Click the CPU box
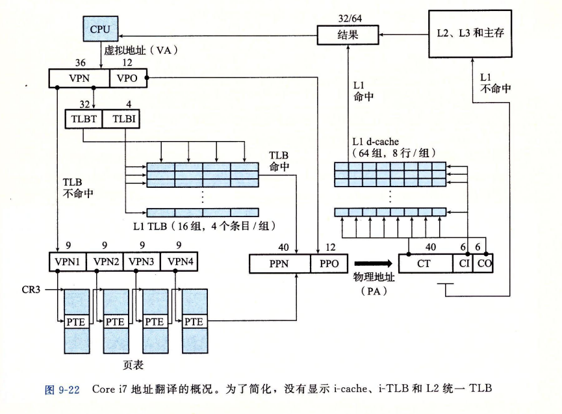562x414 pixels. tap(100, 29)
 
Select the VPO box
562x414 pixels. tap(128, 78)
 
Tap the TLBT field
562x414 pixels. tap(84, 119)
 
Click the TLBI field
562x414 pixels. tap(121, 119)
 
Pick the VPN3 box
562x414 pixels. tap(142, 262)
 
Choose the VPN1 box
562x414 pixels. tap(68, 262)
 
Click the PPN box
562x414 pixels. tap(280, 264)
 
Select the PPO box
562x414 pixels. tap(329, 264)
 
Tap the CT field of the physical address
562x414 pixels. tap(426, 263)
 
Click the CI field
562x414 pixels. tap(463, 263)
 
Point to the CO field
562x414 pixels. tap(483, 263)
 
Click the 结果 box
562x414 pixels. tap(348, 34)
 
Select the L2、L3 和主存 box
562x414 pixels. tap(470, 34)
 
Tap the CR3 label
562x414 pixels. tap(31, 290)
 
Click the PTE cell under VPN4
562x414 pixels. tap(195, 322)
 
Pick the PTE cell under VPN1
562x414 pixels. tap(77, 322)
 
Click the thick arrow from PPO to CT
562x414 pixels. tap(374, 263)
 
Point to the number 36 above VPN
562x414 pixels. tap(81, 63)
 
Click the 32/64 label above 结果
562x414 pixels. tap(350, 18)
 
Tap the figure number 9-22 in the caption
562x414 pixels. tap(68, 389)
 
